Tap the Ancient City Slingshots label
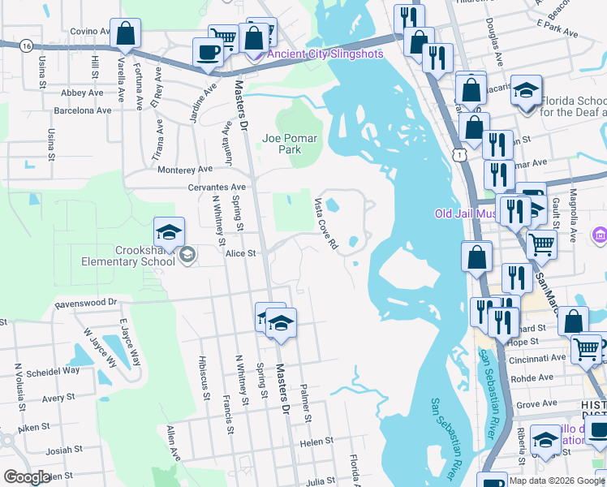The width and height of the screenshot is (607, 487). (325, 54)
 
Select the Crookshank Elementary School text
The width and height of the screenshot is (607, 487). (130, 256)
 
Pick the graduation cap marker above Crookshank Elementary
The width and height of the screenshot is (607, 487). (169, 232)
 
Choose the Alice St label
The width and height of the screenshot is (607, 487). (240, 253)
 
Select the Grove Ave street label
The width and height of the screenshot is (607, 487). (536, 403)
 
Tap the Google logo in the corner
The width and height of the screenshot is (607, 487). (27, 477)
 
